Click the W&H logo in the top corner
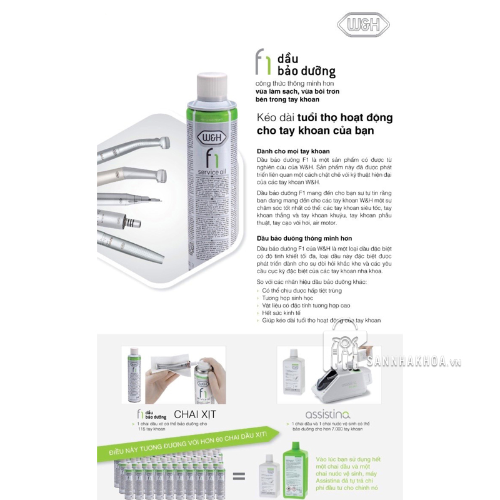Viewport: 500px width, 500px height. pos(363,26)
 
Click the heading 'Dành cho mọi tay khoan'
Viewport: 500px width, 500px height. pos(293,152)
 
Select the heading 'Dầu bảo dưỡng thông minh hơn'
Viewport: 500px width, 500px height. pos(305,239)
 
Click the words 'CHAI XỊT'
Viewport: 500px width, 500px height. pos(196,414)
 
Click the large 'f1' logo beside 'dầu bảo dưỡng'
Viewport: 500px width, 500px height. pos(263,62)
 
